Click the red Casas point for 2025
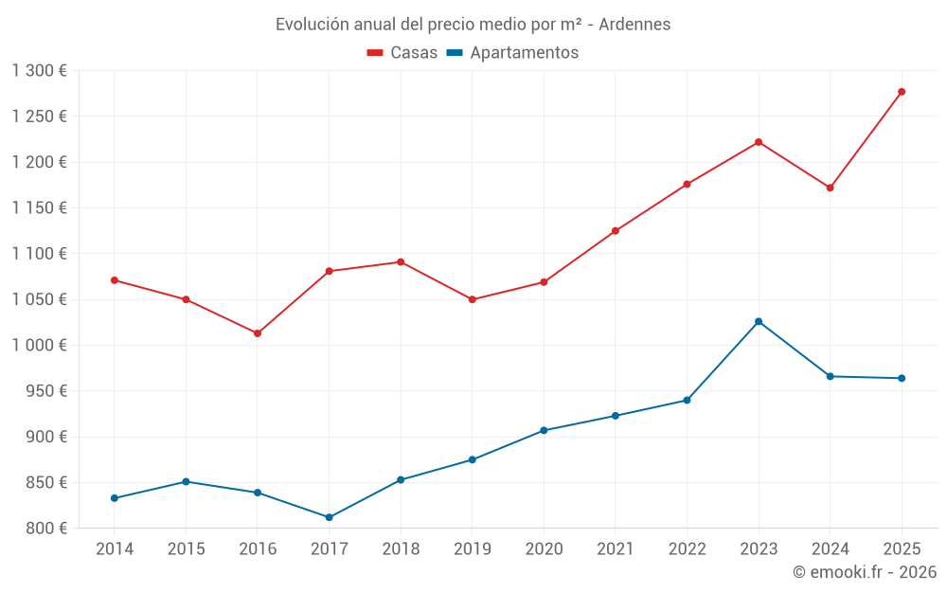(902, 92)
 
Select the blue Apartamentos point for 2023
(759, 321)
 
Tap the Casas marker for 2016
(258, 333)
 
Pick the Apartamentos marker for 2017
(330, 517)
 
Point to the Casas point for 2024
(830, 188)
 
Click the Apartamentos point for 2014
(115, 498)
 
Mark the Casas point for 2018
(401, 261)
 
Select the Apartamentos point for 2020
(544, 430)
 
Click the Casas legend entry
(402, 53)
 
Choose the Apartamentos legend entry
(512, 53)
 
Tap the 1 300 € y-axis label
(40, 70)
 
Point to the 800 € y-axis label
(45, 529)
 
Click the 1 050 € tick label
(40, 299)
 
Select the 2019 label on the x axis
(473, 549)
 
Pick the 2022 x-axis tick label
(687, 549)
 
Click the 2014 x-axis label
(115, 549)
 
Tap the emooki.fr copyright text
(865, 572)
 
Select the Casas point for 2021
(616, 231)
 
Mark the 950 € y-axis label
(45, 391)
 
